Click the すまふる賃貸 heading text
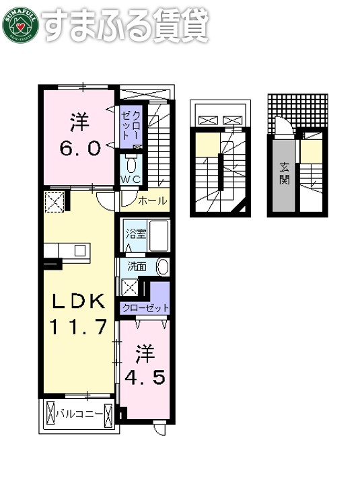click(125, 24)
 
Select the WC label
click(130, 179)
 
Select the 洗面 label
click(137, 266)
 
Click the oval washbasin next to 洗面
click(162, 267)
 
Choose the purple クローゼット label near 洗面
click(145, 308)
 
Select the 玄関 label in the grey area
click(285, 173)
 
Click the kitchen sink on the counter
click(79, 250)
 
